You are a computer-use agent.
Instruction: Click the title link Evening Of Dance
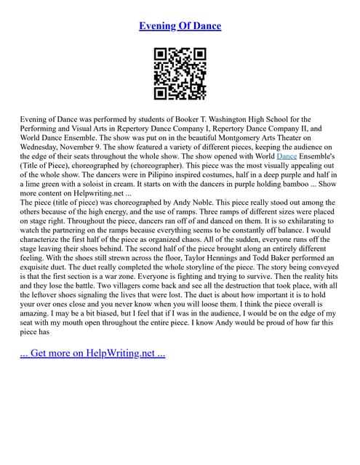click(180, 25)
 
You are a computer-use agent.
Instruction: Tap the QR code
click(180, 73)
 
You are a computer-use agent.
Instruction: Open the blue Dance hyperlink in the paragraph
click(287, 156)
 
